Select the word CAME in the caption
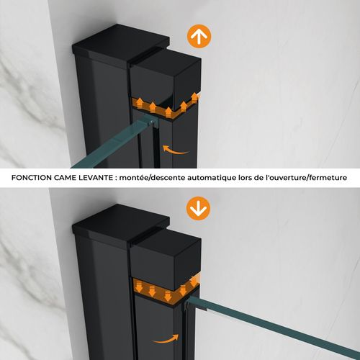pyautogui.click(x=78, y=177)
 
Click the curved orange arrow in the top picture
pyautogui.click(x=176, y=150)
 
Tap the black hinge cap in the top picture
pyautogui.click(x=167, y=76)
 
